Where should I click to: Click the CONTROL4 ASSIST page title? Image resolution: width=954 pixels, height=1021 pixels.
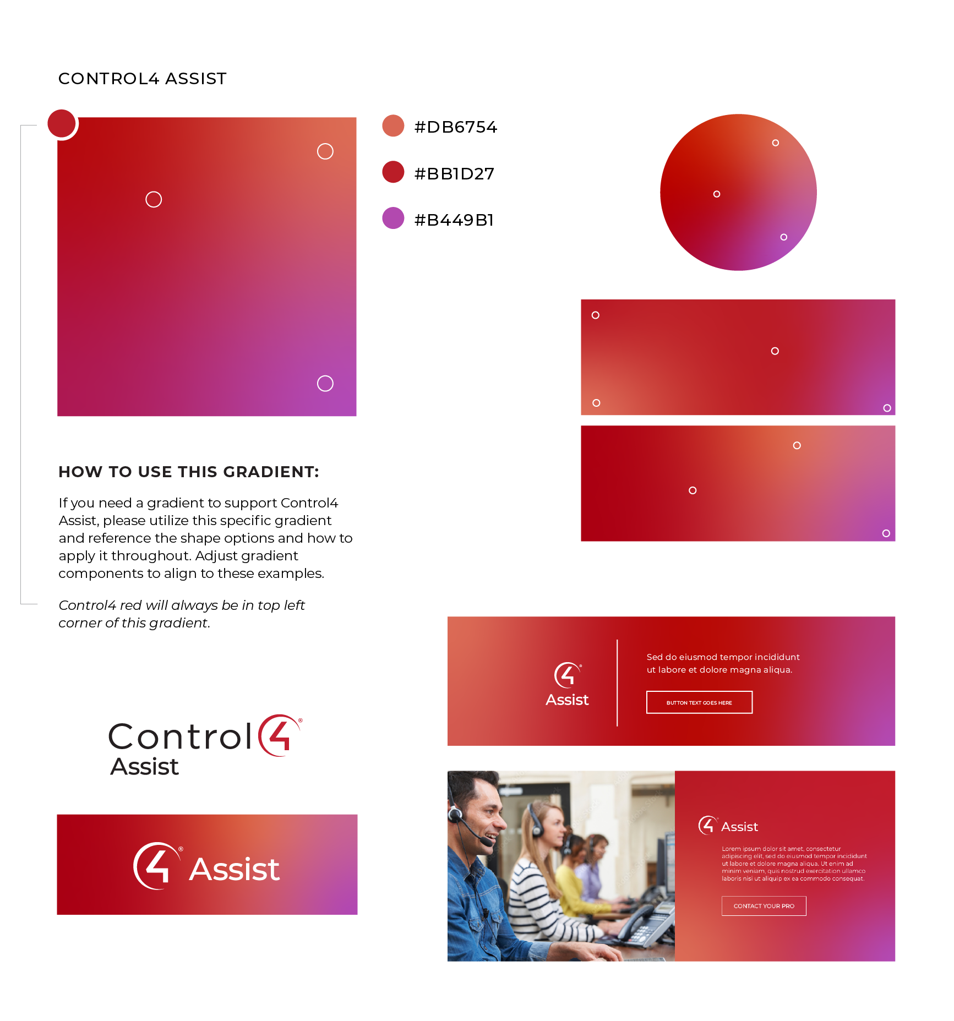pos(142,79)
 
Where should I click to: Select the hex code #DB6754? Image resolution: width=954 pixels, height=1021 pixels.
pos(455,127)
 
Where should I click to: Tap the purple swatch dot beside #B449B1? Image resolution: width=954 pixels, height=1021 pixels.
pos(393,218)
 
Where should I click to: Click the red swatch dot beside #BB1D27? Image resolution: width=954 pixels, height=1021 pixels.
pos(393,172)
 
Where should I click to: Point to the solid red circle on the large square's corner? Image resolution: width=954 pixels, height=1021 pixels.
pos(62,123)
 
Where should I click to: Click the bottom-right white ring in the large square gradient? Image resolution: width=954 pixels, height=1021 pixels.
pos(325,383)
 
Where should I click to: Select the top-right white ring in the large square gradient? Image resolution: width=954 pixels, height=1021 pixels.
pos(325,151)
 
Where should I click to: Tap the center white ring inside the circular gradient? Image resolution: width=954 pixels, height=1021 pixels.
pos(717,194)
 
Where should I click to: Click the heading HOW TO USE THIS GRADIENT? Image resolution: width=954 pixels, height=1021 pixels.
pos(188,472)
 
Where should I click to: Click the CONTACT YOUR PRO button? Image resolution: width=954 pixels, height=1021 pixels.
pos(764,906)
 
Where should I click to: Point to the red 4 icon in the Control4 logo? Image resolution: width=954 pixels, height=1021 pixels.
pos(279,736)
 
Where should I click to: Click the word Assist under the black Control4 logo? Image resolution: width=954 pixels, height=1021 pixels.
pos(145,767)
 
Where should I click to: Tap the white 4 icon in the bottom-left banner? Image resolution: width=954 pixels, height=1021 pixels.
pos(156,866)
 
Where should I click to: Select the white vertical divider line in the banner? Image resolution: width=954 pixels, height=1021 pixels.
pos(617,683)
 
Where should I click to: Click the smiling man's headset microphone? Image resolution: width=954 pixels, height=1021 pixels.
pos(487,842)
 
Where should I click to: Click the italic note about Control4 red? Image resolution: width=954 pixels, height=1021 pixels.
pos(182,614)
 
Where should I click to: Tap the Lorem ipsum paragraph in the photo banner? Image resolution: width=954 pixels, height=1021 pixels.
pos(793,864)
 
